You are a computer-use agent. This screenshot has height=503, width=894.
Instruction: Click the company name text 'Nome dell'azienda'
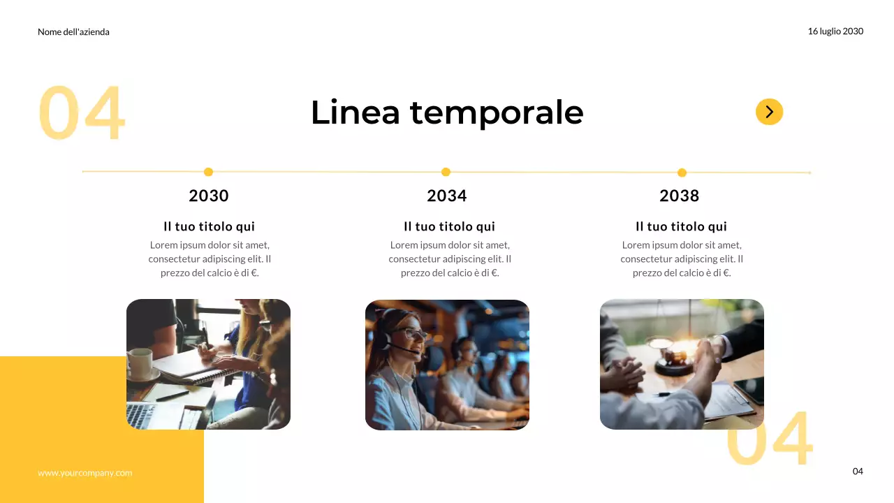click(x=73, y=31)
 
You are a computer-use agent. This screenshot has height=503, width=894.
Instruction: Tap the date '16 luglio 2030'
click(x=835, y=31)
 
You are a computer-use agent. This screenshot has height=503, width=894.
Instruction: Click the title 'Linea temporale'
click(x=447, y=112)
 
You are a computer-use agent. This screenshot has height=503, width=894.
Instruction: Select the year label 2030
click(x=209, y=196)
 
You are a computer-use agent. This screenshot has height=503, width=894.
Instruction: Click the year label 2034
click(x=447, y=196)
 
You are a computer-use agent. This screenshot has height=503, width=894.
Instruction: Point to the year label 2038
click(x=680, y=196)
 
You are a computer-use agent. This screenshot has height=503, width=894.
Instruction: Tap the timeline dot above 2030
click(x=208, y=172)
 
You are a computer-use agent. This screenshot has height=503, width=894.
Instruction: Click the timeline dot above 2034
click(x=446, y=172)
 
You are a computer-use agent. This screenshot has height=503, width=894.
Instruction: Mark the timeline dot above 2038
click(x=682, y=173)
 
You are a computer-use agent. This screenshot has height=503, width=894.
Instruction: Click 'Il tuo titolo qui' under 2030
click(x=209, y=226)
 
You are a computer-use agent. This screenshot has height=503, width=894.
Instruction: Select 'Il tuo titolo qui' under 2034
click(x=449, y=226)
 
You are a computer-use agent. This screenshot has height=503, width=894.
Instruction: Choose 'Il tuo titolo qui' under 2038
click(x=681, y=226)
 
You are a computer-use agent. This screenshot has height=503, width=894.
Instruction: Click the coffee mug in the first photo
click(x=140, y=363)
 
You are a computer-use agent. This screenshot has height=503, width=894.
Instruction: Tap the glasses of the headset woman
click(x=412, y=334)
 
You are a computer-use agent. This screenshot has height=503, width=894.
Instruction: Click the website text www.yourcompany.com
click(x=85, y=473)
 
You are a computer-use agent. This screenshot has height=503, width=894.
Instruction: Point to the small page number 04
click(x=858, y=472)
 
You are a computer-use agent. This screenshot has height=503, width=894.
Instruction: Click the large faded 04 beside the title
click(x=81, y=112)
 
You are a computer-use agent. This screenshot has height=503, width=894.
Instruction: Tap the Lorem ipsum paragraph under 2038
click(x=682, y=258)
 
